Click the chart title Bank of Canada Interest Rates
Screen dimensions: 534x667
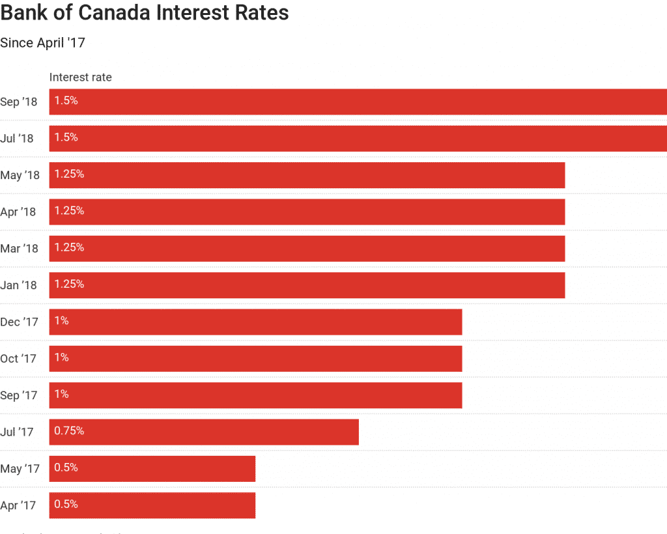pos(145,13)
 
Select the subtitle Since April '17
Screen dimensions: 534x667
pos(42,43)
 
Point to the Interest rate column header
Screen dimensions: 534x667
pos(80,77)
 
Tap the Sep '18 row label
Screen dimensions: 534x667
pos(19,102)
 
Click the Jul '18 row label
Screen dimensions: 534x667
pos(17,139)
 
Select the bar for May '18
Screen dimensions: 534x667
pos(306,175)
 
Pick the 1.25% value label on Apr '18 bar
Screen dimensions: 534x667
pos(69,211)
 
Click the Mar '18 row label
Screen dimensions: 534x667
pos(20,249)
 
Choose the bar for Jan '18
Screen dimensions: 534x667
pos(306,285)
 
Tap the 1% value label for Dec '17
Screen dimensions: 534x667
pos(62,321)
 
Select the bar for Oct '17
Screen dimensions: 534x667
pos(255,358)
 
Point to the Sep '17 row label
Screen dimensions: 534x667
pos(19,395)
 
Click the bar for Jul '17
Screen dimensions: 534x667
pos(204,432)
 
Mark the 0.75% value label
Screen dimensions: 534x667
pos(69,431)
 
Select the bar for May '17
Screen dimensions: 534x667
pos(152,468)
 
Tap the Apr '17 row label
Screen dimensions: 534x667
pos(19,505)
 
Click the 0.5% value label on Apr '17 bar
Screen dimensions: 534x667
pos(66,505)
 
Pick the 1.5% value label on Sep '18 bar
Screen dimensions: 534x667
pos(66,101)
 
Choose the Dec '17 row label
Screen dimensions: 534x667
pos(20,322)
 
